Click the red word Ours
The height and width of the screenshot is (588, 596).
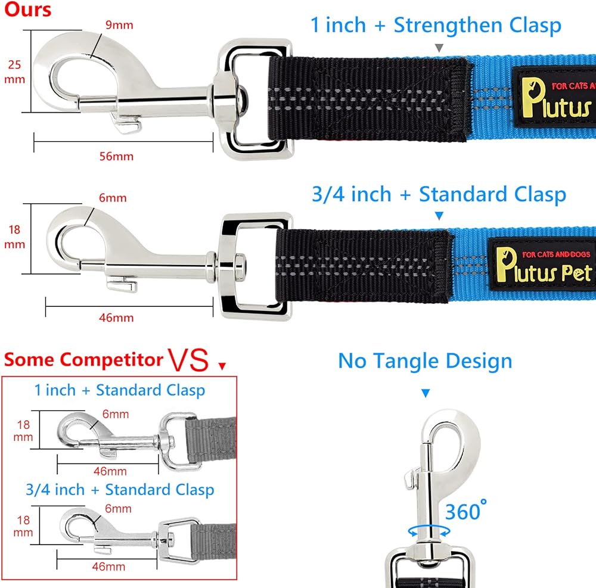pyautogui.click(x=27, y=10)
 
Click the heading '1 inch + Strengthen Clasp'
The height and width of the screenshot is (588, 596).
pyautogui.click(x=436, y=26)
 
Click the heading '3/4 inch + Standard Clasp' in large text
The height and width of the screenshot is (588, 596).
pyautogui.click(x=439, y=194)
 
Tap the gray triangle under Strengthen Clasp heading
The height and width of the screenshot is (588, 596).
pyautogui.click(x=439, y=48)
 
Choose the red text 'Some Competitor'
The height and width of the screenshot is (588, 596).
pyautogui.click(x=83, y=360)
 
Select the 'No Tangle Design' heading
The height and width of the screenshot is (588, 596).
pyautogui.click(x=425, y=361)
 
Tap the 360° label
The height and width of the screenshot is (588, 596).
pyautogui.click(x=465, y=511)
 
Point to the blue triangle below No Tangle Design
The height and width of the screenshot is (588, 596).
pyautogui.click(x=426, y=393)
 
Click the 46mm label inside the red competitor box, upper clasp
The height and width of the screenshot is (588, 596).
pyautogui.click(x=110, y=471)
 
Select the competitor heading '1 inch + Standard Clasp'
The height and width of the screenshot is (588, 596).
pyautogui.click(x=120, y=391)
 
